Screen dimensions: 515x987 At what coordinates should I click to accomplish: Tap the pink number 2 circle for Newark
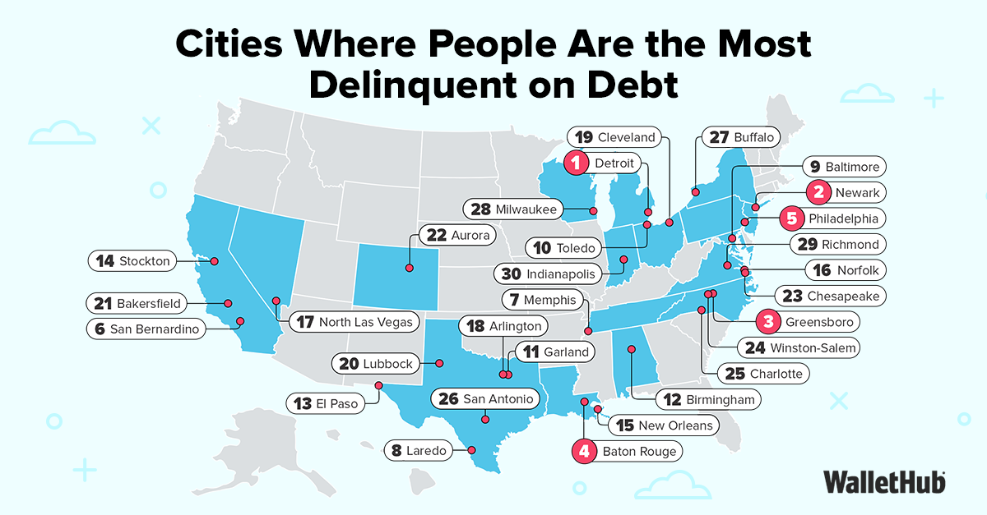coord(818,193)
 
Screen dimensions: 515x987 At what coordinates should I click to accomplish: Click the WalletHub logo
coord(884,481)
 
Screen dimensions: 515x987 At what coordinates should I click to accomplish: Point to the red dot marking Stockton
coord(214,261)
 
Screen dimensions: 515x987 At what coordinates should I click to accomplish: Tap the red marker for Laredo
coord(471,450)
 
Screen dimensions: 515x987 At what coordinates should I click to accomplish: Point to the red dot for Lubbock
coord(439,363)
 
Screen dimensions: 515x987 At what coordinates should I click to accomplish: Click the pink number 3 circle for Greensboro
coord(767,321)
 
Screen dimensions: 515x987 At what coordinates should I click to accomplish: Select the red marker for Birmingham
coord(632,350)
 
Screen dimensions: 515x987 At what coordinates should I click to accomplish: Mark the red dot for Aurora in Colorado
coord(409,268)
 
